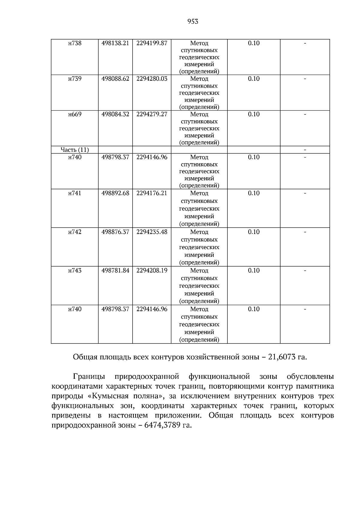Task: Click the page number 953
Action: (x=193, y=21)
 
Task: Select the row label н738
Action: (x=75, y=43)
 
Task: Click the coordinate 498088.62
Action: (x=115, y=79)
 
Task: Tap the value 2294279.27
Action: (x=151, y=114)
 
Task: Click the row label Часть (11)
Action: (x=75, y=150)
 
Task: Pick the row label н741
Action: (x=75, y=193)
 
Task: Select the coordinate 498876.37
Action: (x=115, y=232)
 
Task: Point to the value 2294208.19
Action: (x=151, y=271)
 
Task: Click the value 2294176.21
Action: (x=151, y=193)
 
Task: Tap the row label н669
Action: (x=75, y=114)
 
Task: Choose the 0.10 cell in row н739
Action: (x=253, y=79)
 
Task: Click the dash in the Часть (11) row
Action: (x=305, y=150)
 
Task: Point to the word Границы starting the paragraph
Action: (x=88, y=376)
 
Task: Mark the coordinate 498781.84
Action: (x=115, y=271)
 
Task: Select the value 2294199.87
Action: (x=151, y=43)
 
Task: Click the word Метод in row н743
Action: (x=199, y=271)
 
